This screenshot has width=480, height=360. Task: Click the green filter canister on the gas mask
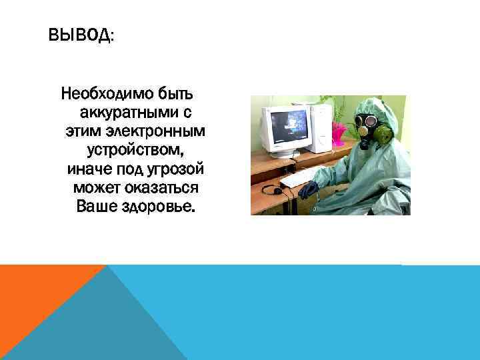coord(384,133)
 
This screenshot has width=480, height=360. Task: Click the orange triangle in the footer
coord(40,293)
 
